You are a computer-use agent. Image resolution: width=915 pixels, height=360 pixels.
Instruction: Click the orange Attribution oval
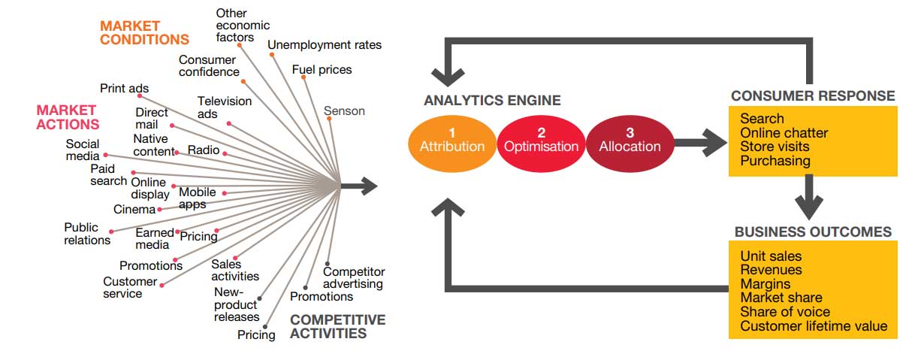click(451, 141)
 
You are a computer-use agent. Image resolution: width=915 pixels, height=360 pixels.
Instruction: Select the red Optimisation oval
click(541, 141)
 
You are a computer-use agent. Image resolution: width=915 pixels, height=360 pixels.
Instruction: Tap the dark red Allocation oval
click(630, 141)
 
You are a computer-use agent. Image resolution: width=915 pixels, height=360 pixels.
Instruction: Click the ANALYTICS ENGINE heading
click(492, 101)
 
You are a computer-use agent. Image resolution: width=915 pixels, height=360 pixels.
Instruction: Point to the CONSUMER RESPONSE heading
click(813, 95)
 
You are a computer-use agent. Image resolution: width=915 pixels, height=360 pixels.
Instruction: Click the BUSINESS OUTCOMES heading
click(813, 231)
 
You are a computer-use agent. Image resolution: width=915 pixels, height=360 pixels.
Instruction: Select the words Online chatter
click(784, 133)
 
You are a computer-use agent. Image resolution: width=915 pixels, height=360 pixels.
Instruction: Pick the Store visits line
click(778, 147)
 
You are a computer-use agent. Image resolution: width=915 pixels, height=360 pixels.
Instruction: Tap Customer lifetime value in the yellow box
click(814, 326)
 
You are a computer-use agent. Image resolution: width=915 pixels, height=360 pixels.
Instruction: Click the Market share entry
click(781, 298)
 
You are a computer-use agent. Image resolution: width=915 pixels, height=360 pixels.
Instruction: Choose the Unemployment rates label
click(325, 45)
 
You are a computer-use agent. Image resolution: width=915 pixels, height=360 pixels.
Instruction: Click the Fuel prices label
click(322, 70)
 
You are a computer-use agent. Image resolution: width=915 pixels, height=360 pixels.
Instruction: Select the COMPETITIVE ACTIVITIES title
click(337, 326)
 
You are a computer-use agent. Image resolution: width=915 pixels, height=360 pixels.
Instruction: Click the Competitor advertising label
click(353, 277)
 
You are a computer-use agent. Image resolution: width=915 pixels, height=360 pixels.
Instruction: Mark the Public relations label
click(86, 234)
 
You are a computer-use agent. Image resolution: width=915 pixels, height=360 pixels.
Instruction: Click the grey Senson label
click(344, 111)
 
